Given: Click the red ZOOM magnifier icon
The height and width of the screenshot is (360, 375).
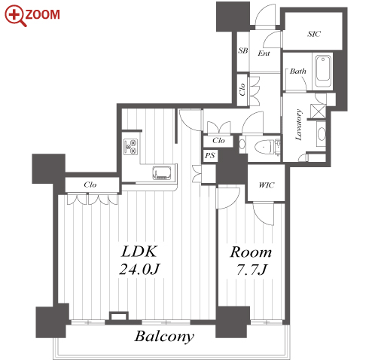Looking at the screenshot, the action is tap(15, 16).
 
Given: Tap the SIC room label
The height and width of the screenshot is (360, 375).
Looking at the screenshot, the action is tap(314, 34).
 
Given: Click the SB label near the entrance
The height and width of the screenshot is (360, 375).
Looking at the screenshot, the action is tap(243, 50).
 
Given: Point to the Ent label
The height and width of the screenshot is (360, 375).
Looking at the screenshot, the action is tap(264, 53).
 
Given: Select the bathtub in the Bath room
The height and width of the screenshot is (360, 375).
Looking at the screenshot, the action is tap(323, 72).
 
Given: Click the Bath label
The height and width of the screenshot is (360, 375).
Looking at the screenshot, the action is tap(298, 72).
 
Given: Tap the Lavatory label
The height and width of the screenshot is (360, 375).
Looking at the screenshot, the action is tap(298, 124).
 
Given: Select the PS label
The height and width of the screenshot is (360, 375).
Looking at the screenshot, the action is tap(210, 156).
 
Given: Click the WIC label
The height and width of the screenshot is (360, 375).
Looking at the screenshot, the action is tap(267, 185).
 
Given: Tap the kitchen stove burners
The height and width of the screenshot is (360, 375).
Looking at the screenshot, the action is tap(131, 147).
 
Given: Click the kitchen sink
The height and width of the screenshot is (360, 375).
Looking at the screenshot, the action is tap(162, 173).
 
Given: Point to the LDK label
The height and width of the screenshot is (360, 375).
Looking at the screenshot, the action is tap(139, 252).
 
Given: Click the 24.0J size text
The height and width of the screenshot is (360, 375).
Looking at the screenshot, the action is tap(139, 269).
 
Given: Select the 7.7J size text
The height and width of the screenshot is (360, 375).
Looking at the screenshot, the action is tap(252, 270).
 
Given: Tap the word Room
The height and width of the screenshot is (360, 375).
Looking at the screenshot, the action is tap(251, 252).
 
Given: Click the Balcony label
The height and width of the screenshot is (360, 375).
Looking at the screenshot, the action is tap(164, 337).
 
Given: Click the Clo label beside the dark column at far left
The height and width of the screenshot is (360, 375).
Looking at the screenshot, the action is tap(90, 185).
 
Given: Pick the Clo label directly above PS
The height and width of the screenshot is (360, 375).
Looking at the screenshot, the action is tap(218, 140).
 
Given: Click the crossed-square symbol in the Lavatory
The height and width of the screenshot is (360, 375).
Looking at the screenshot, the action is tap(318, 111).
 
